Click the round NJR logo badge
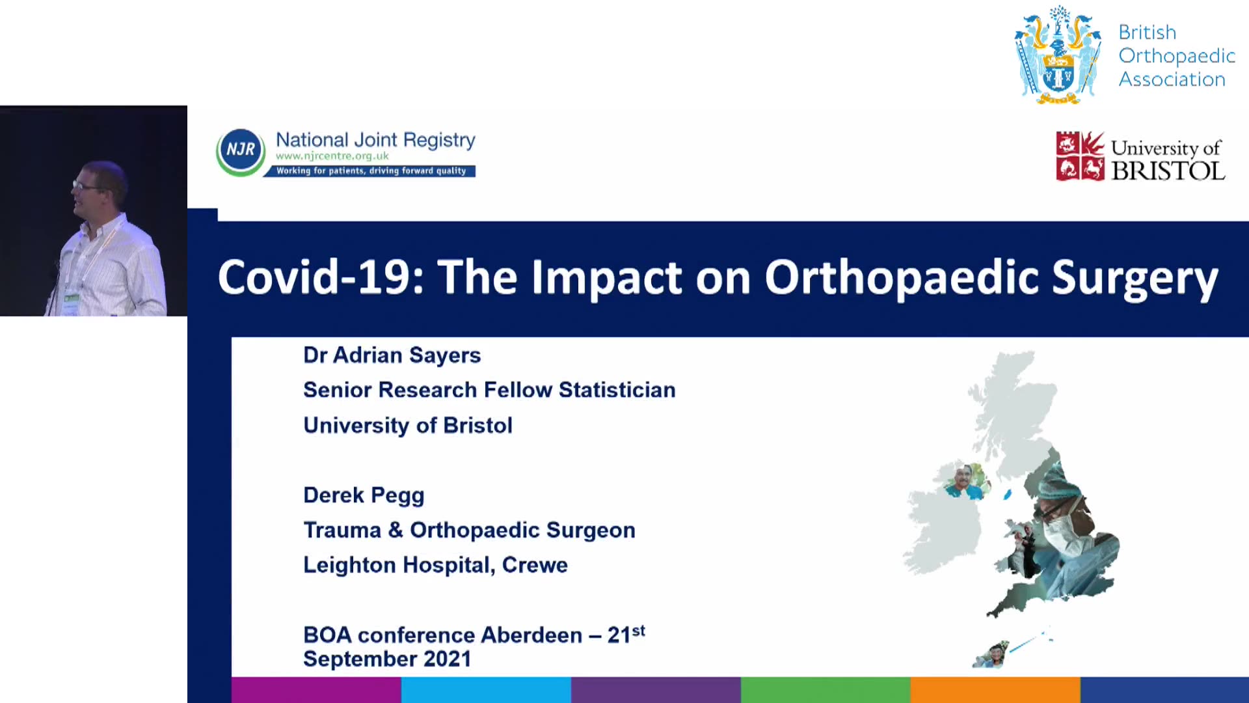coord(241,152)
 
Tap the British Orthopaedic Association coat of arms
coord(1058,55)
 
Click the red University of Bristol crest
coord(1080,156)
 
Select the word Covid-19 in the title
coord(321,277)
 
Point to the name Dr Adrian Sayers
coord(392,355)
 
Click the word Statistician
coord(617,390)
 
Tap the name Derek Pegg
coord(364,496)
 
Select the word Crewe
coord(535,565)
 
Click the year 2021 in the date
coord(447,659)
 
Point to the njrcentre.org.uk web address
coord(332,156)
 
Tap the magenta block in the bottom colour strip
coord(316,690)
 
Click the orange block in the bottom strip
coord(995,690)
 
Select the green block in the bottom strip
coord(826,690)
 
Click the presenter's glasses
coord(86,186)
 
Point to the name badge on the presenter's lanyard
coord(70,303)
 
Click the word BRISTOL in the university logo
coord(1168,171)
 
